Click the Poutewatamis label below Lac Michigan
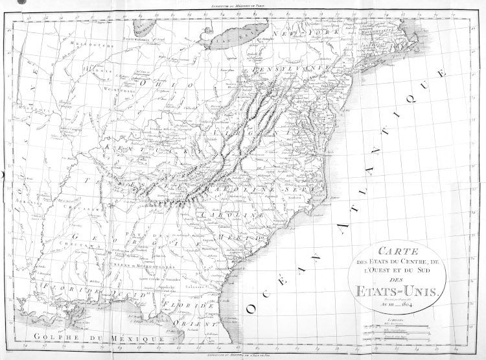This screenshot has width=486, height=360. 142,39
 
